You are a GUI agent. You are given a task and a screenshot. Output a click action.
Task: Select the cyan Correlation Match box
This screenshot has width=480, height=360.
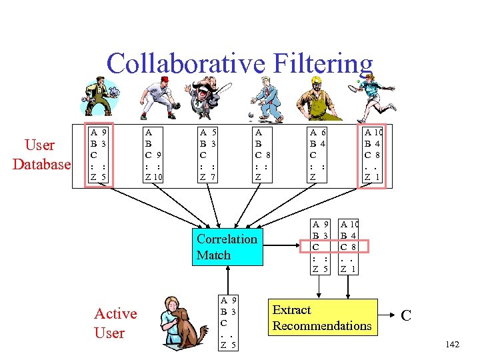(x=227, y=247)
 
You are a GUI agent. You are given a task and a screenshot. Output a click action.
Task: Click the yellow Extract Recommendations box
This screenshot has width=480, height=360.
(x=321, y=317)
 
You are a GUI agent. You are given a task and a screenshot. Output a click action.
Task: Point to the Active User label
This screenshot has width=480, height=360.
(x=115, y=323)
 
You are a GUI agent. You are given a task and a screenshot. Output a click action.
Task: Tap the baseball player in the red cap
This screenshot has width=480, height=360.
(x=157, y=97)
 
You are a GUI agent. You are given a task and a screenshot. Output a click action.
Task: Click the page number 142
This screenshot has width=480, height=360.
(x=452, y=344)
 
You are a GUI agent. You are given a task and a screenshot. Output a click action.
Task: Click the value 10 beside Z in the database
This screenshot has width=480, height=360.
(x=157, y=177)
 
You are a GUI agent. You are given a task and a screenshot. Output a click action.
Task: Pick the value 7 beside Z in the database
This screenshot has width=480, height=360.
(x=213, y=177)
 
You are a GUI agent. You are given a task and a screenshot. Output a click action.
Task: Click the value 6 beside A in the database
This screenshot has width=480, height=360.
(x=323, y=133)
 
